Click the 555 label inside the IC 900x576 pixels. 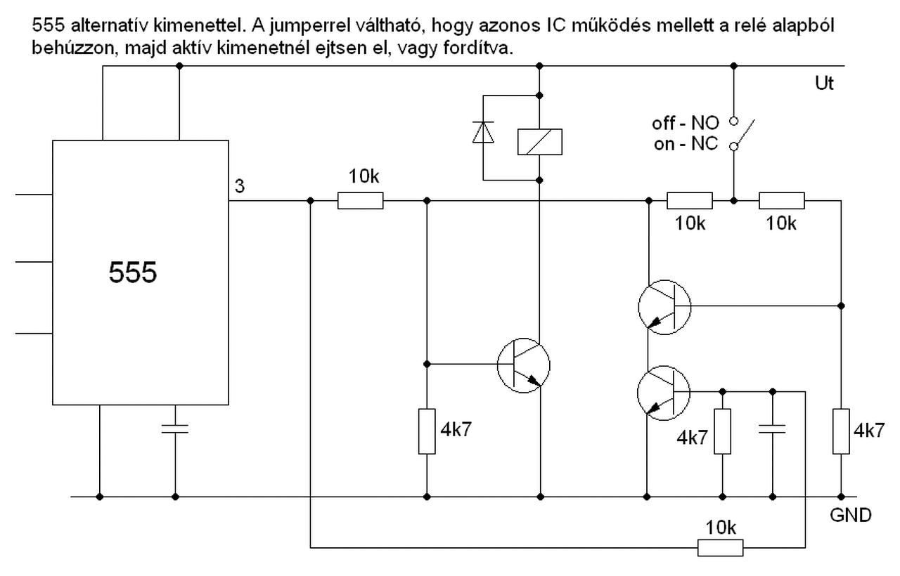(x=133, y=272)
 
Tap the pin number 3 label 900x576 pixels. (x=239, y=186)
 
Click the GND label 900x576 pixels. (x=851, y=515)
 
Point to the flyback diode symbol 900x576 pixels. (x=483, y=132)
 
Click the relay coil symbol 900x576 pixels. (x=539, y=141)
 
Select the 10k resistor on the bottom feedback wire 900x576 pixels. (x=720, y=547)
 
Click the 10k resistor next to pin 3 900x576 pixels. (x=360, y=201)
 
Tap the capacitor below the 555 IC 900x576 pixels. (x=175, y=429)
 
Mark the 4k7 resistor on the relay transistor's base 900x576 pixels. (x=427, y=430)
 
